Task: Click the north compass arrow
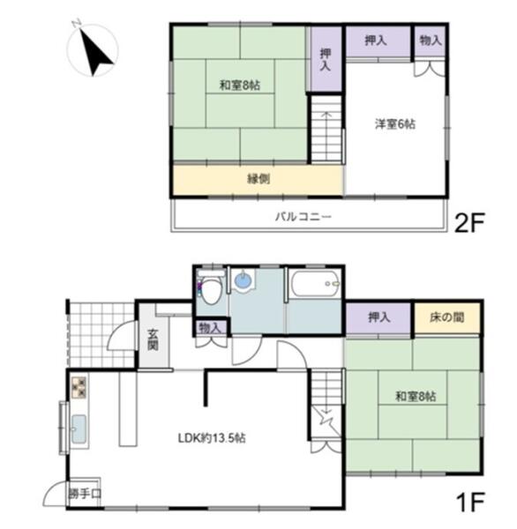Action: tap(96, 53)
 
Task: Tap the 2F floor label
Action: tap(469, 223)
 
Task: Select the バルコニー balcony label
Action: tap(303, 216)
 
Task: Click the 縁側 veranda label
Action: tap(258, 179)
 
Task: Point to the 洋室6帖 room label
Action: tap(395, 123)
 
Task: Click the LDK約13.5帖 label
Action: tap(212, 438)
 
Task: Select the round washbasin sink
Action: tap(244, 280)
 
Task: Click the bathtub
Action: tap(315, 284)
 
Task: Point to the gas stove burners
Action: tap(79, 387)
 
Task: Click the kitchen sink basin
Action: tap(79, 429)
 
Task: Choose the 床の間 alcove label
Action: tap(446, 317)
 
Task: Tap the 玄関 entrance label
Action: tap(153, 339)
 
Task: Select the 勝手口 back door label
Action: tap(85, 494)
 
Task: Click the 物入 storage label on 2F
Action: tap(431, 41)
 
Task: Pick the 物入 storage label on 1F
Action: tap(210, 328)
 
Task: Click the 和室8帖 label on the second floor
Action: tap(240, 85)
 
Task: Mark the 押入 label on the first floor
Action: tap(378, 317)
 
